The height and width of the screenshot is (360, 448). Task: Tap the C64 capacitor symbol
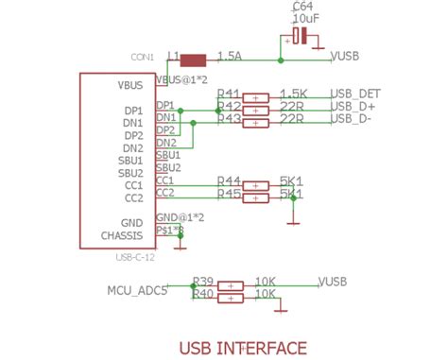pos(300,37)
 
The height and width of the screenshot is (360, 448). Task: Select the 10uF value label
pos(305,19)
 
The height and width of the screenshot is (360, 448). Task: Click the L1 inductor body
pos(193,59)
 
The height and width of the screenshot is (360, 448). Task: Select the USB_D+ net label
pos(354,109)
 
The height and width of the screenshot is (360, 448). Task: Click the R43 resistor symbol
pos(257,122)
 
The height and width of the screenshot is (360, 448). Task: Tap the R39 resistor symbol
pos(231,284)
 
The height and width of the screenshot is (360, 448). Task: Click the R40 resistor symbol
pos(231,298)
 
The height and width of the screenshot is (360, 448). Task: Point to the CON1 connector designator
pos(142,57)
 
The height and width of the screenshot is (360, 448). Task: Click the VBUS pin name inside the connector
pos(129,85)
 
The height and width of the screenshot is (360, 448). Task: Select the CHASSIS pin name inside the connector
pos(123,235)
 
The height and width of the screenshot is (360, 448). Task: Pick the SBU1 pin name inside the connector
pos(130,161)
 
